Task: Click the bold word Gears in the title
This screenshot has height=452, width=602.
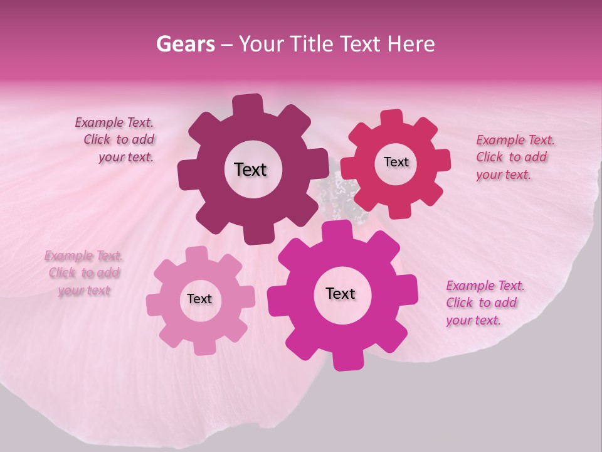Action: click(185, 44)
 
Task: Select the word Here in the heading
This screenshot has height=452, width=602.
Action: click(411, 44)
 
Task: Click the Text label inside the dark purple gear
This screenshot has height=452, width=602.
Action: click(250, 169)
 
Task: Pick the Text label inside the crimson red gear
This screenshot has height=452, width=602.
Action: click(396, 162)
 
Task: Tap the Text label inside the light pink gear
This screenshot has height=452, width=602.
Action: click(199, 299)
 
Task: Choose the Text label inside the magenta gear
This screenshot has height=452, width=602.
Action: click(341, 294)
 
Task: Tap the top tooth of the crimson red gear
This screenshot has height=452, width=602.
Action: click(392, 118)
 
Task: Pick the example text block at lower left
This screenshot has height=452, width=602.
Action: click(83, 273)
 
